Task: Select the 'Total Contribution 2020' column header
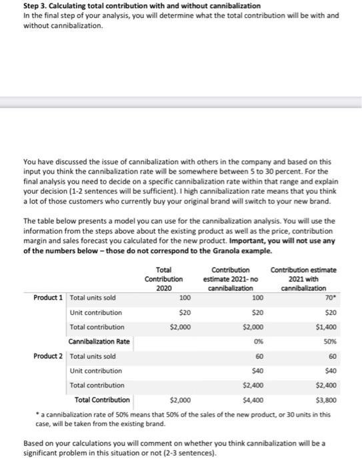163,278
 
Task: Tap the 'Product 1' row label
49,298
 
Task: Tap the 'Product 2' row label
49,356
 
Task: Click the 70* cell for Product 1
329,298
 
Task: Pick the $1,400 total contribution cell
325,327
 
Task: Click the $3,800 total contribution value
325,400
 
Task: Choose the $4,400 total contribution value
253,400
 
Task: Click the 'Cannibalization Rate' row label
99,342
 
